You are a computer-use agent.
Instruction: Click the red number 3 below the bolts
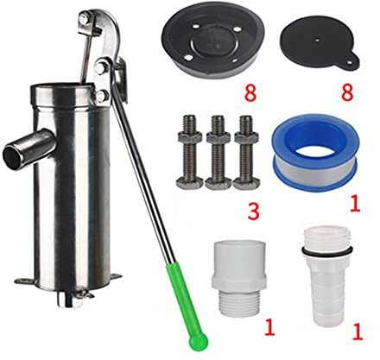[x=253, y=211]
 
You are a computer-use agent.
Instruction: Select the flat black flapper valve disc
[x=320, y=46]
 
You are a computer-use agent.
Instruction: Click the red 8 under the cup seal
[x=250, y=93]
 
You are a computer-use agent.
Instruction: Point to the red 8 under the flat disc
[x=347, y=92]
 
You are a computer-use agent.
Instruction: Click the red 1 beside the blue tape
[x=355, y=204]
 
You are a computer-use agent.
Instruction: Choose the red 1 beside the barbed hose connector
[x=357, y=331]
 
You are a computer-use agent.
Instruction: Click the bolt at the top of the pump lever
[x=83, y=18]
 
